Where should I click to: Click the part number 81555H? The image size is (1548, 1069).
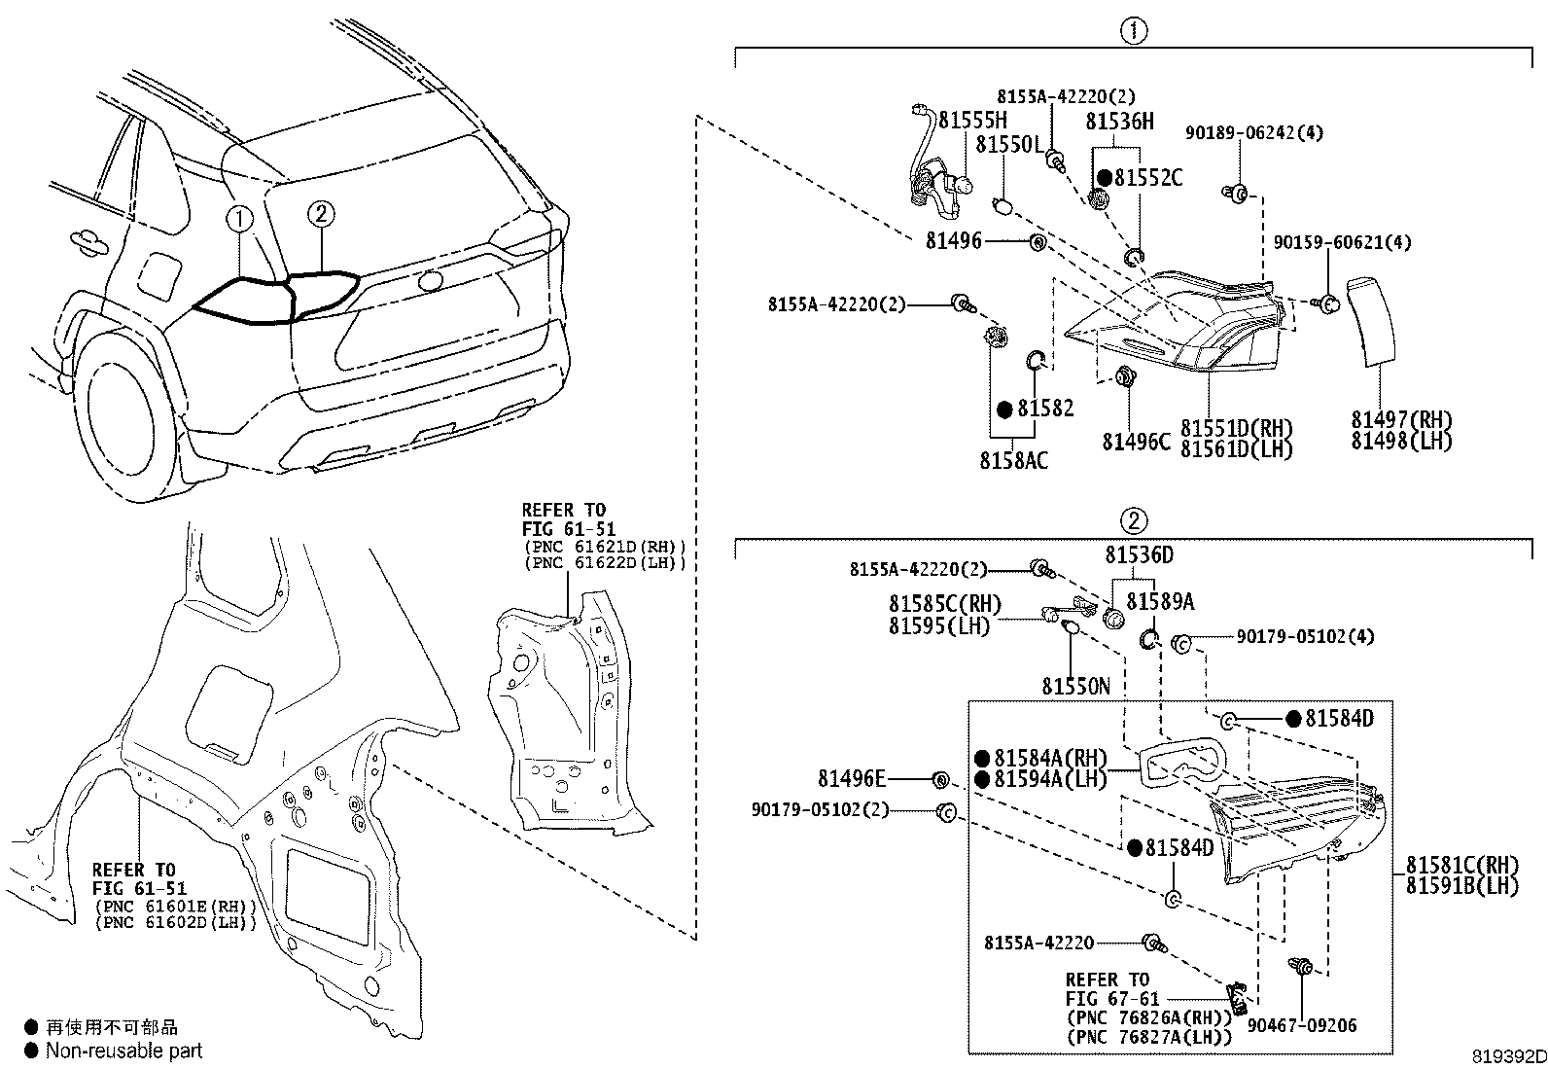click(972, 121)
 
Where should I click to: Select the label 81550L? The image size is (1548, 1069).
click(1009, 145)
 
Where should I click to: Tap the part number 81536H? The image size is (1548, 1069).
click(1119, 121)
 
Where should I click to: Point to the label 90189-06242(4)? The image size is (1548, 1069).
click(1254, 132)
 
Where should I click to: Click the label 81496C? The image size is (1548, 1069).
click(1136, 442)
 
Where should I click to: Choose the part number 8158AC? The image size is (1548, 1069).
click(1014, 460)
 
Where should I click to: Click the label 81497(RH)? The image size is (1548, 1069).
click(1401, 419)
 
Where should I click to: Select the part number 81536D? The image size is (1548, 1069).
click(1139, 554)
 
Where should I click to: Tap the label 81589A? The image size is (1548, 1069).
click(1160, 601)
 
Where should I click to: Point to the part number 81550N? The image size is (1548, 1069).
click(1076, 686)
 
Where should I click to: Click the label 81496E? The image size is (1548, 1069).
click(852, 778)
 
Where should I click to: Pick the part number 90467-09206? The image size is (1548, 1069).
click(1302, 1025)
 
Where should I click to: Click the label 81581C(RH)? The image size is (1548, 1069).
click(1462, 865)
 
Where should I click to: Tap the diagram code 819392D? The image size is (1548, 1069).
click(1508, 1057)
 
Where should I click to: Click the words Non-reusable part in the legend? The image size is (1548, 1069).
click(124, 1051)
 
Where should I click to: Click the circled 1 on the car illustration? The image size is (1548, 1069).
click(240, 220)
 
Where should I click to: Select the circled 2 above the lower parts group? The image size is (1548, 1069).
click(1134, 520)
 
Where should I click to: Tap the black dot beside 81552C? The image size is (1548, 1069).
click(1105, 178)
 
